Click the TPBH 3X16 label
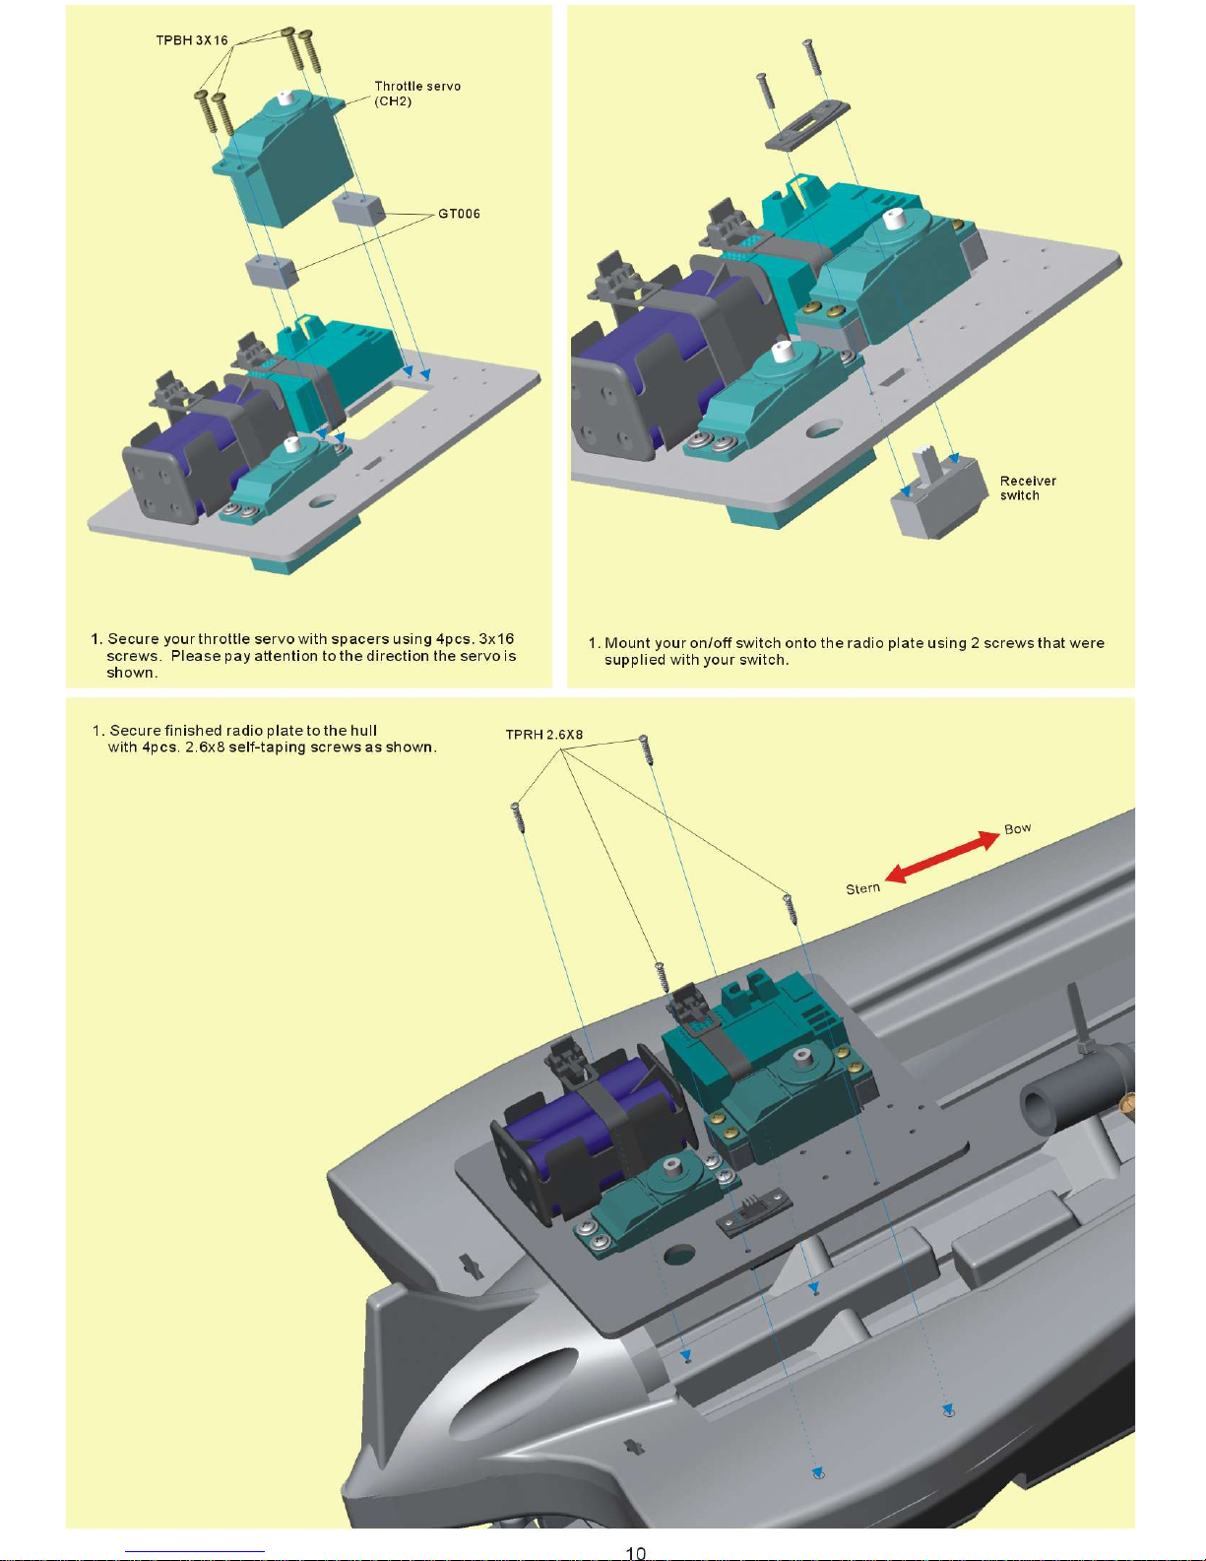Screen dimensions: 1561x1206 (x=191, y=40)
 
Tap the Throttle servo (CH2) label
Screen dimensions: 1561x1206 (x=416, y=93)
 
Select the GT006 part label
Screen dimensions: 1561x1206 (x=459, y=214)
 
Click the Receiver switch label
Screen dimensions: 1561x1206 (x=1027, y=488)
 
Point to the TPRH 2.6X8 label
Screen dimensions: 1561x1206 (x=543, y=735)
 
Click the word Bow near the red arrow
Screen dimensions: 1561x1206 (x=1018, y=828)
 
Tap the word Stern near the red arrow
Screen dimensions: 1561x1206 (x=862, y=888)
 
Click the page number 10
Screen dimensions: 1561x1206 (x=635, y=1552)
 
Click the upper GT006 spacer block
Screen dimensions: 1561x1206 (x=357, y=209)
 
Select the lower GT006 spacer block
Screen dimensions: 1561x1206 (x=272, y=270)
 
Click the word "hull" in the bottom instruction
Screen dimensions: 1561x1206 (x=363, y=731)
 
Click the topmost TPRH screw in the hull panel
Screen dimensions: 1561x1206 (x=644, y=748)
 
